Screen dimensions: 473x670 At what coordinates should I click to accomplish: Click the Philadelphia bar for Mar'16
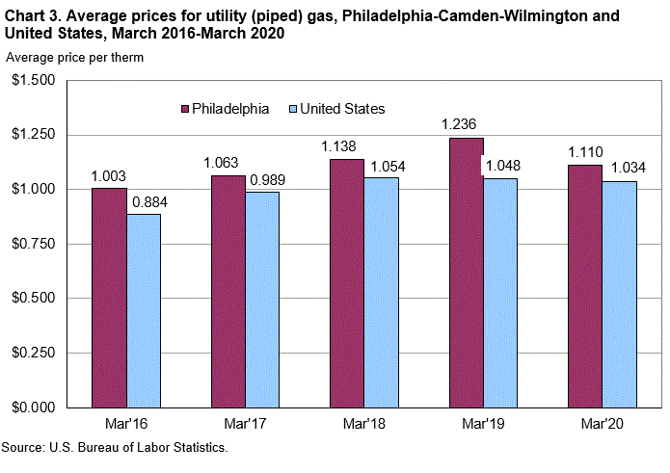coord(109,297)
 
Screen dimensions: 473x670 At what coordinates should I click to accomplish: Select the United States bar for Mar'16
coord(144,310)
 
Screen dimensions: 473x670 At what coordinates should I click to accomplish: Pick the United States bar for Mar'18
coord(382,292)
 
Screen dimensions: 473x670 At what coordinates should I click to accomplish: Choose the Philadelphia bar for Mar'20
coord(585,285)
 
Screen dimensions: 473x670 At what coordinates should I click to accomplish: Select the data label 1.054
coord(383,165)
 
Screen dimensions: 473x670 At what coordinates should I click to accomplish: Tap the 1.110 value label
coord(585,152)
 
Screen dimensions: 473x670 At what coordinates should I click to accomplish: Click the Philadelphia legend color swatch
coord(185,109)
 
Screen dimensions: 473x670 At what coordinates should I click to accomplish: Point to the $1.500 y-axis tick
coord(33,80)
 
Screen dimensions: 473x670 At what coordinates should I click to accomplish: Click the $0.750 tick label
coord(33,244)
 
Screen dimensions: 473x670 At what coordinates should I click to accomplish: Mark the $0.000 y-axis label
coord(33,407)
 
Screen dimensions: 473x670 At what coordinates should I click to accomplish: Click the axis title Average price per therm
coord(75,58)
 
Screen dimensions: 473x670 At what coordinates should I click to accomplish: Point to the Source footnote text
coord(115,448)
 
